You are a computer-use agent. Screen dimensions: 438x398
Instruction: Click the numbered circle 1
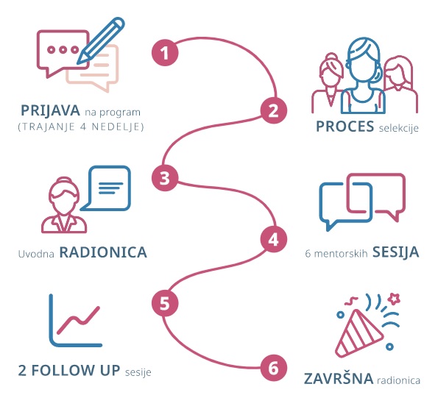[165, 52]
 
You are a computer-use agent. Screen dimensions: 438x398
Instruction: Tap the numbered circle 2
[274, 110]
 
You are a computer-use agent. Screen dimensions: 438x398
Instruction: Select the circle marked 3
[165, 178]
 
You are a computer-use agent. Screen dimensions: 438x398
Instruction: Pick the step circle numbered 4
[274, 239]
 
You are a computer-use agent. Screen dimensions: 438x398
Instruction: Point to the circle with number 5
[165, 303]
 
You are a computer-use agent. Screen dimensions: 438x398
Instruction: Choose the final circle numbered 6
[274, 368]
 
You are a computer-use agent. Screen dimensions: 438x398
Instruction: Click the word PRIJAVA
[50, 111]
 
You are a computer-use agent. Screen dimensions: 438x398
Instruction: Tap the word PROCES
[345, 126]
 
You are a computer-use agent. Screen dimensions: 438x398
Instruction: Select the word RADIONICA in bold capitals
[103, 252]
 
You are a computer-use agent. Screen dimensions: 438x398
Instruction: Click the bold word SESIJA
[396, 252]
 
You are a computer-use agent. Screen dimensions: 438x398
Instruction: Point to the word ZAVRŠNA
[339, 378]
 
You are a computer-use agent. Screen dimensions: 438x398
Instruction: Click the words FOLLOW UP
[76, 370]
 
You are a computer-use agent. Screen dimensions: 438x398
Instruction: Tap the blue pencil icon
[100, 40]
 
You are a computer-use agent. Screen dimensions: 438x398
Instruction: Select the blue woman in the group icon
[363, 76]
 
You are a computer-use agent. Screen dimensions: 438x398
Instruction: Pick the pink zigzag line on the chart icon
[78, 321]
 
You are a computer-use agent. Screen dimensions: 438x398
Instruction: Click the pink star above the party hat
[395, 299]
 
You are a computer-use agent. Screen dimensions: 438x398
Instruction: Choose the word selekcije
[398, 128]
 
